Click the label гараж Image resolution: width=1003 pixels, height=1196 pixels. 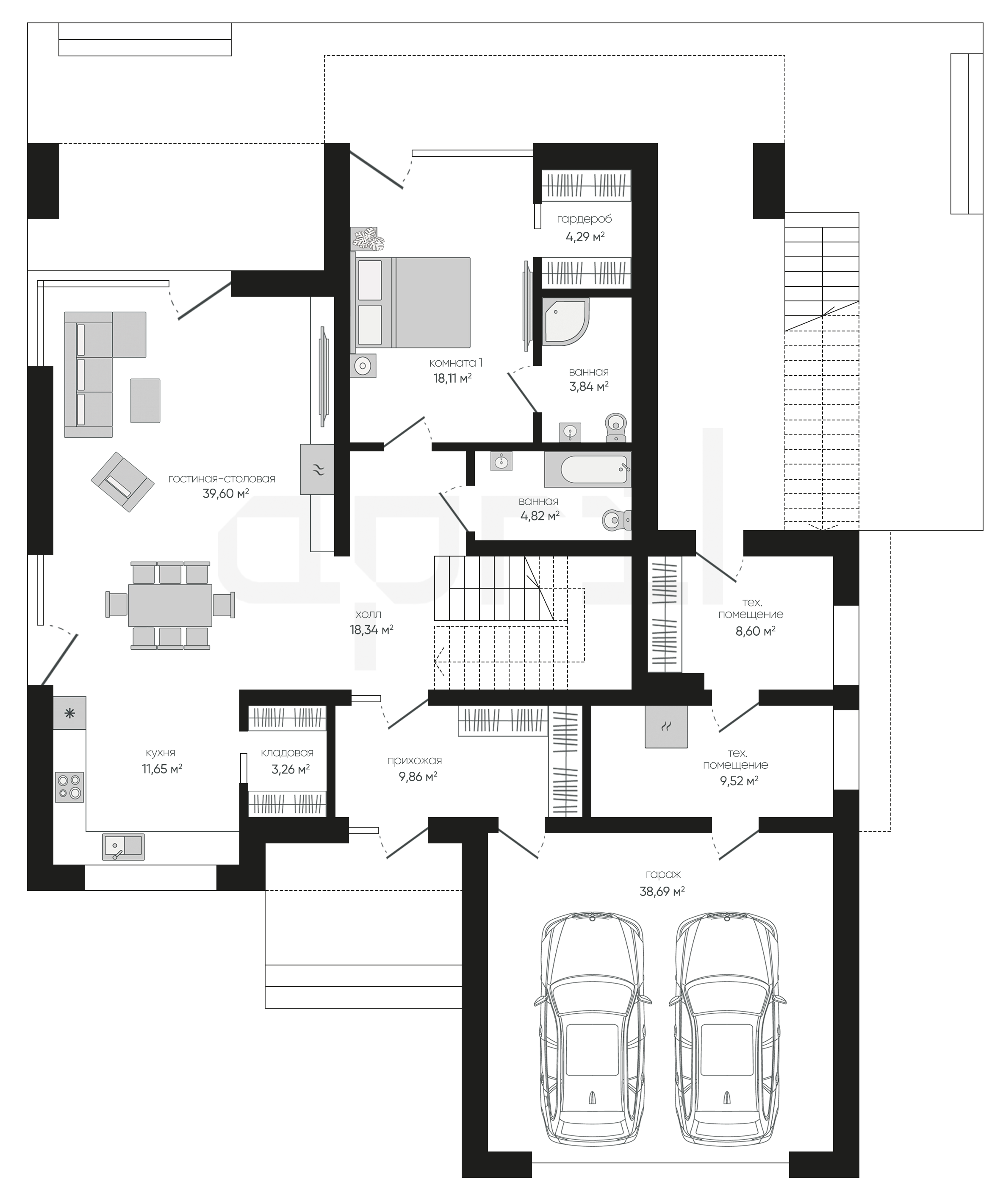pyautogui.click(x=663, y=875)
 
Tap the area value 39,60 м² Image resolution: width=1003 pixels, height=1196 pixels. pyautogui.click(x=226, y=493)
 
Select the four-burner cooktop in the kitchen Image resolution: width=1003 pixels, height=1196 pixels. pyautogui.click(x=69, y=787)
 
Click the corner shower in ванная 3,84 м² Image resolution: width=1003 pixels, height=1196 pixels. pyautogui.click(x=565, y=322)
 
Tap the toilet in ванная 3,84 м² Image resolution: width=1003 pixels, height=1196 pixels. pyautogui.click(x=615, y=427)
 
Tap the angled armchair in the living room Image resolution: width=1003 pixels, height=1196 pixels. pyautogui.click(x=122, y=482)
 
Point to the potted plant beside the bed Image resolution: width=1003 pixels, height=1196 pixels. pyautogui.click(x=368, y=239)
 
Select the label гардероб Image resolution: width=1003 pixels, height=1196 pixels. pyautogui.click(x=585, y=219)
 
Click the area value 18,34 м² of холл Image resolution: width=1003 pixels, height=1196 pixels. pyautogui.click(x=372, y=629)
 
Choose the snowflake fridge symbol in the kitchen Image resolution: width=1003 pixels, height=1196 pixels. pyautogui.click(x=70, y=713)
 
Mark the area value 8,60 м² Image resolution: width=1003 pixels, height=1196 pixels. pyautogui.click(x=755, y=631)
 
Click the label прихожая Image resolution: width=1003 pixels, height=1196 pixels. pyautogui.click(x=414, y=760)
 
